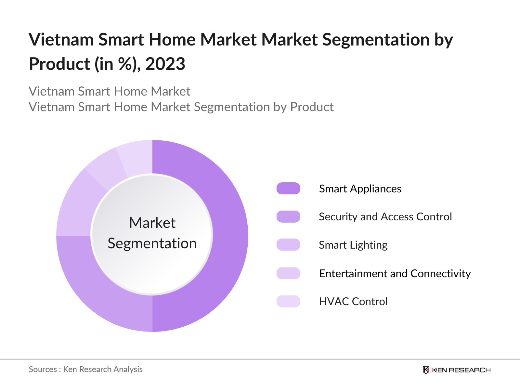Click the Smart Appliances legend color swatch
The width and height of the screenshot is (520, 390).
point(288,188)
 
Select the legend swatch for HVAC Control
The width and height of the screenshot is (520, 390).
point(288,301)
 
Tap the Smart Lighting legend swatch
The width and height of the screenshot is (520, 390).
point(288,245)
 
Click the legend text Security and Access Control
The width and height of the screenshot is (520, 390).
point(385,217)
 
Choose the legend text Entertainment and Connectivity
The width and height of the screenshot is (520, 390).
point(395,273)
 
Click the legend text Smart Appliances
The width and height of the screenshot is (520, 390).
point(360,188)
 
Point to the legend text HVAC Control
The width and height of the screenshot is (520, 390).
point(353,301)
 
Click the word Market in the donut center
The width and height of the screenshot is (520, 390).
point(152,223)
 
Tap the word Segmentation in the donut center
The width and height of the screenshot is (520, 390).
point(152,243)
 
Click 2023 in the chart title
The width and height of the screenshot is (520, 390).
point(165,64)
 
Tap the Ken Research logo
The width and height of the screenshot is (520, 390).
point(456,370)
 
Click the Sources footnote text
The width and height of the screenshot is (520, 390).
point(85,369)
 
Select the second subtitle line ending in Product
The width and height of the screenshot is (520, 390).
point(181,107)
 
